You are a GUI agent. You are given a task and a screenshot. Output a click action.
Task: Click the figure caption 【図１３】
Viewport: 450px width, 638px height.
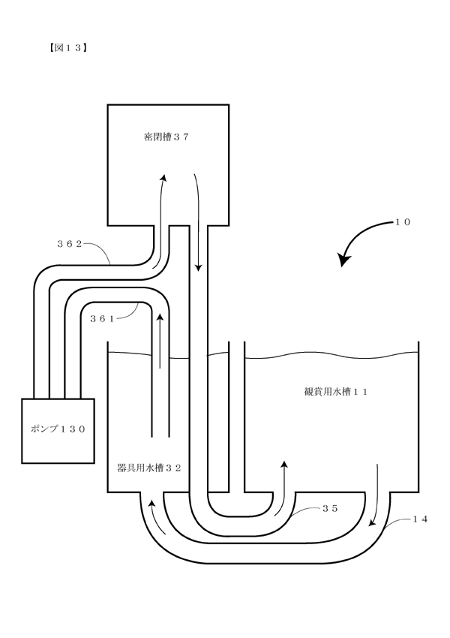click(67, 47)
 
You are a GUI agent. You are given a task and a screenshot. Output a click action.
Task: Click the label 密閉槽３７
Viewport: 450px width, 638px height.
click(166, 137)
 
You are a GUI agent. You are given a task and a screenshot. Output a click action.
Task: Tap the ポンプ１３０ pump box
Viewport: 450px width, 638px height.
click(58, 431)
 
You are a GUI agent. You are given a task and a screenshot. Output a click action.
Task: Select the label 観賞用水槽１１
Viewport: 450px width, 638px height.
click(336, 391)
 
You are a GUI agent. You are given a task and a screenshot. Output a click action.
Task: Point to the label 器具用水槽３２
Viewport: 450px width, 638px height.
click(148, 468)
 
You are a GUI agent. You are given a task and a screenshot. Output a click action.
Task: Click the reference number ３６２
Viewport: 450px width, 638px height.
click(70, 244)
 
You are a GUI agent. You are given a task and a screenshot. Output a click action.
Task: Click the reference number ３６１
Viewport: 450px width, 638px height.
click(102, 319)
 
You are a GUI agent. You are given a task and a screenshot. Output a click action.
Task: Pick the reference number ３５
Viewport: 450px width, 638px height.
click(330, 508)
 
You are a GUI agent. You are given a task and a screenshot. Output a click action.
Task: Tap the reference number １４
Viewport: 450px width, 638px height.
click(420, 519)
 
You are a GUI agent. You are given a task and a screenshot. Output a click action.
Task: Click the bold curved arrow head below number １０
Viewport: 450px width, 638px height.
click(344, 260)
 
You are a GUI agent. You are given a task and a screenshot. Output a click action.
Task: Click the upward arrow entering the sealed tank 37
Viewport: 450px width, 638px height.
click(160, 220)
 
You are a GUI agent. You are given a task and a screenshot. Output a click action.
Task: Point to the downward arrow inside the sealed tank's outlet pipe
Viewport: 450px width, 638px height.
click(199, 221)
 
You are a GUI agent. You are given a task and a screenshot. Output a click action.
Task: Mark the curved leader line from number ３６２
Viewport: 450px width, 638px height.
click(99, 251)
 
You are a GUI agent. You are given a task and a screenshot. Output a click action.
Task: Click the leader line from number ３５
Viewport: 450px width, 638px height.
click(307, 511)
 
